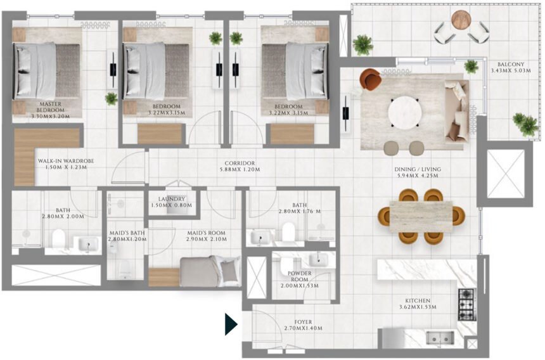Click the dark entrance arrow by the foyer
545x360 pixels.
pyautogui.click(x=231, y=324)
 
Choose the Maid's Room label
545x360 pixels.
pyautogui.click(x=207, y=233)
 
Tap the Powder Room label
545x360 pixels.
pyautogui.click(x=300, y=276)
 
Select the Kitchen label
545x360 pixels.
pyautogui.click(x=418, y=300)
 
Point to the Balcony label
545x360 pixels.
pyautogui.click(x=509, y=64)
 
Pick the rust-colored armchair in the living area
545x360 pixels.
pyautogui.click(x=370, y=80)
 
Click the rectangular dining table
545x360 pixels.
pyautogui.click(x=420, y=215)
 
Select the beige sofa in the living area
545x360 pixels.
pyautogui.click(x=457, y=110)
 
